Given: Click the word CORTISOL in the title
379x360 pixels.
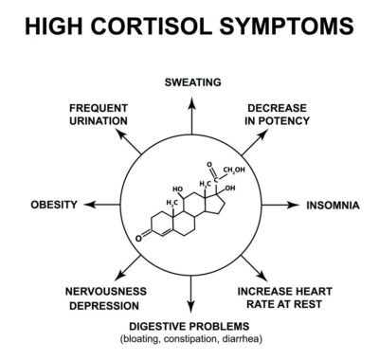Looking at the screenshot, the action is (152, 26).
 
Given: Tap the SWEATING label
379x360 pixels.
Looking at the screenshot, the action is (192, 82).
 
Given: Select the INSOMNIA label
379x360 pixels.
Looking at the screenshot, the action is (333, 206).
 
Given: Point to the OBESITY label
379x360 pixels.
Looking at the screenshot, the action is (54, 205).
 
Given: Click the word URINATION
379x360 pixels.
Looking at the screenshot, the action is (99, 121).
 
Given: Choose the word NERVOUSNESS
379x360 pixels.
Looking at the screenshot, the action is (106, 291).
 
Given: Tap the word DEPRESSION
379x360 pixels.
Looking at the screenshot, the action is (104, 306).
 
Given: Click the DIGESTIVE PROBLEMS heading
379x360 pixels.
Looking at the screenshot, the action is (189, 326).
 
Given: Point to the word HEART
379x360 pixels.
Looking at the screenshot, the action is (313, 291).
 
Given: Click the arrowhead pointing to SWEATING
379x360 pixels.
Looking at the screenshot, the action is (191, 103).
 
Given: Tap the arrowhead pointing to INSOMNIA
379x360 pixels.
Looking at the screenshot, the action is (293, 205).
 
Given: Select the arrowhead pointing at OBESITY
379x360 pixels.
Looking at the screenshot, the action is (90, 205).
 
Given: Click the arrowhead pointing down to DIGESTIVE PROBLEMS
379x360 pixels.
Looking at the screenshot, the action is (190, 307).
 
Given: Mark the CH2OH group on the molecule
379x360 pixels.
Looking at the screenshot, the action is (234, 170).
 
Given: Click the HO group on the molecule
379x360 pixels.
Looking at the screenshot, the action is (177, 189).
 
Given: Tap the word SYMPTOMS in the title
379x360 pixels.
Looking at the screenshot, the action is (287, 26).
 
